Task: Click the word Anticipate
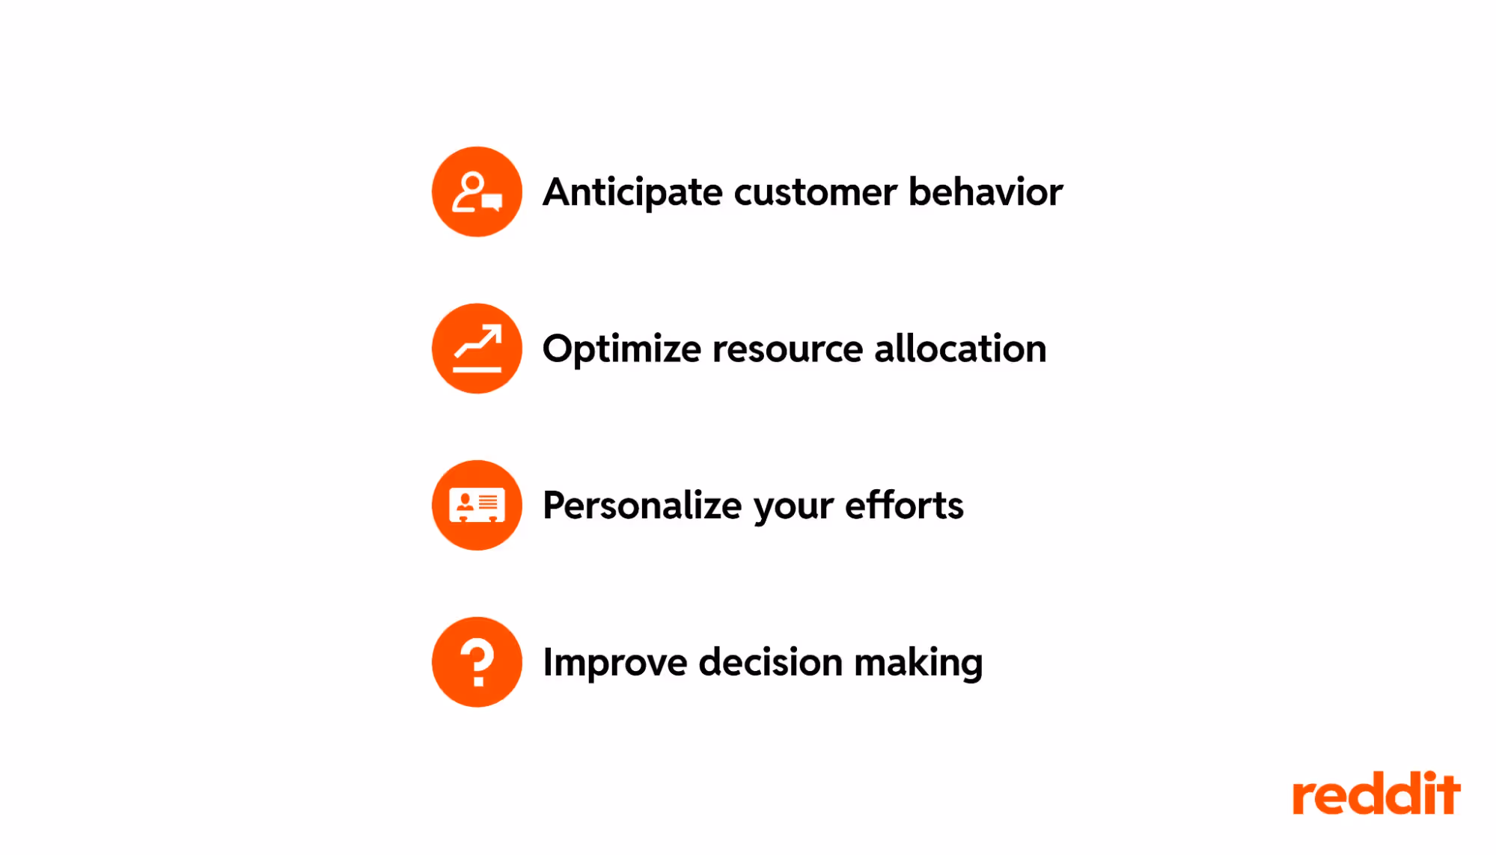[x=632, y=193]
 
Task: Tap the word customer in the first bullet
[x=815, y=193]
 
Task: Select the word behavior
[x=986, y=192]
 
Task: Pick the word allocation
[x=960, y=349]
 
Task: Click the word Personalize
[x=642, y=506]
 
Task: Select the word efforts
[x=904, y=506]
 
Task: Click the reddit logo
[x=1376, y=794]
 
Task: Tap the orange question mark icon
[x=477, y=662]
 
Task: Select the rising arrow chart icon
[x=477, y=349]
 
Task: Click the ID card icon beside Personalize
[x=477, y=506]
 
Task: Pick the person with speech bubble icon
[x=477, y=192]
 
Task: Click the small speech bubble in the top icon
[x=492, y=202]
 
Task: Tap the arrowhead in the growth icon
[x=493, y=332]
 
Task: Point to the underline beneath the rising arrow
[x=477, y=369]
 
